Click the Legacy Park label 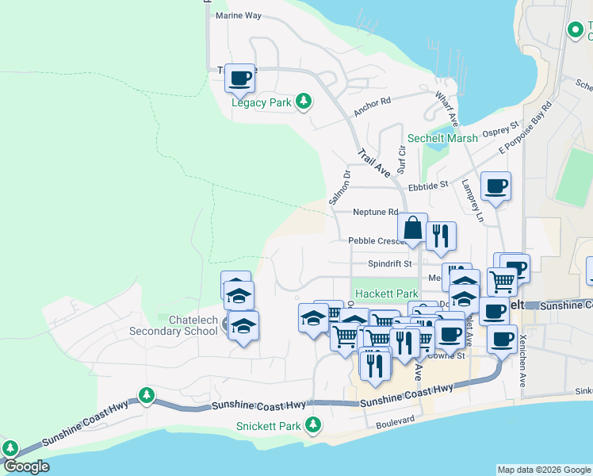pyautogui.click(x=261, y=102)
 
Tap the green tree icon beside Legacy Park pyautogui.click(x=302, y=102)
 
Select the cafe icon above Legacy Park pyautogui.click(x=240, y=78)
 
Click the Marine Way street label pyautogui.click(x=238, y=15)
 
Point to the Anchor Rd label pyautogui.click(x=373, y=107)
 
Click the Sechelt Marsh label pyautogui.click(x=442, y=138)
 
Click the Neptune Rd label pyautogui.click(x=375, y=212)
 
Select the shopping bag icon pyautogui.click(x=413, y=228)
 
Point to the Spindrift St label pyautogui.click(x=390, y=263)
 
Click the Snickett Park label pyautogui.click(x=269, y=426)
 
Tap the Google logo pyautogui.click(x=26, y=466)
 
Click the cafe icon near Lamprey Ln pyautogui.click(x=495, y=187)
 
